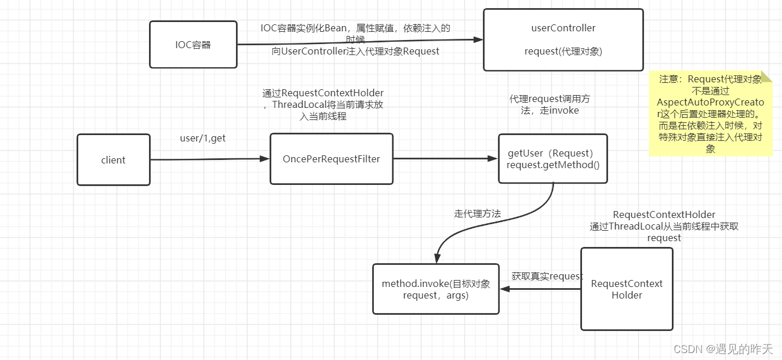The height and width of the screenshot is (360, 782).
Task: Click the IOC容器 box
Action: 193,45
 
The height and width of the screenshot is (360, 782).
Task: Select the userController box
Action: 563,39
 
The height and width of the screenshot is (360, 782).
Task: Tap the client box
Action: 113,160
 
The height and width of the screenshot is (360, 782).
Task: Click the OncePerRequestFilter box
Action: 331,159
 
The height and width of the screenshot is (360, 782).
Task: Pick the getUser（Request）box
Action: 552,159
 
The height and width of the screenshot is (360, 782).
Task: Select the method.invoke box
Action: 435,289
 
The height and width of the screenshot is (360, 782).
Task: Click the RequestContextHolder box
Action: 627,289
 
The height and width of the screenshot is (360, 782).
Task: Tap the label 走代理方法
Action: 477,214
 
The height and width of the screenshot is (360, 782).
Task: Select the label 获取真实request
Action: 547,276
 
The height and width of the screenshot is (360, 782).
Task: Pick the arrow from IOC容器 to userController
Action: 359,42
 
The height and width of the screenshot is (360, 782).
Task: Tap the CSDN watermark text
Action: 723,348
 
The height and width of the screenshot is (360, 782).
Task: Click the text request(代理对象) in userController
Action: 563,51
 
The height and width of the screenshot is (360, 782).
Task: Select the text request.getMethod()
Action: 552,165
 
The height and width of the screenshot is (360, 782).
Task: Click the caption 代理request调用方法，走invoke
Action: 550,104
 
